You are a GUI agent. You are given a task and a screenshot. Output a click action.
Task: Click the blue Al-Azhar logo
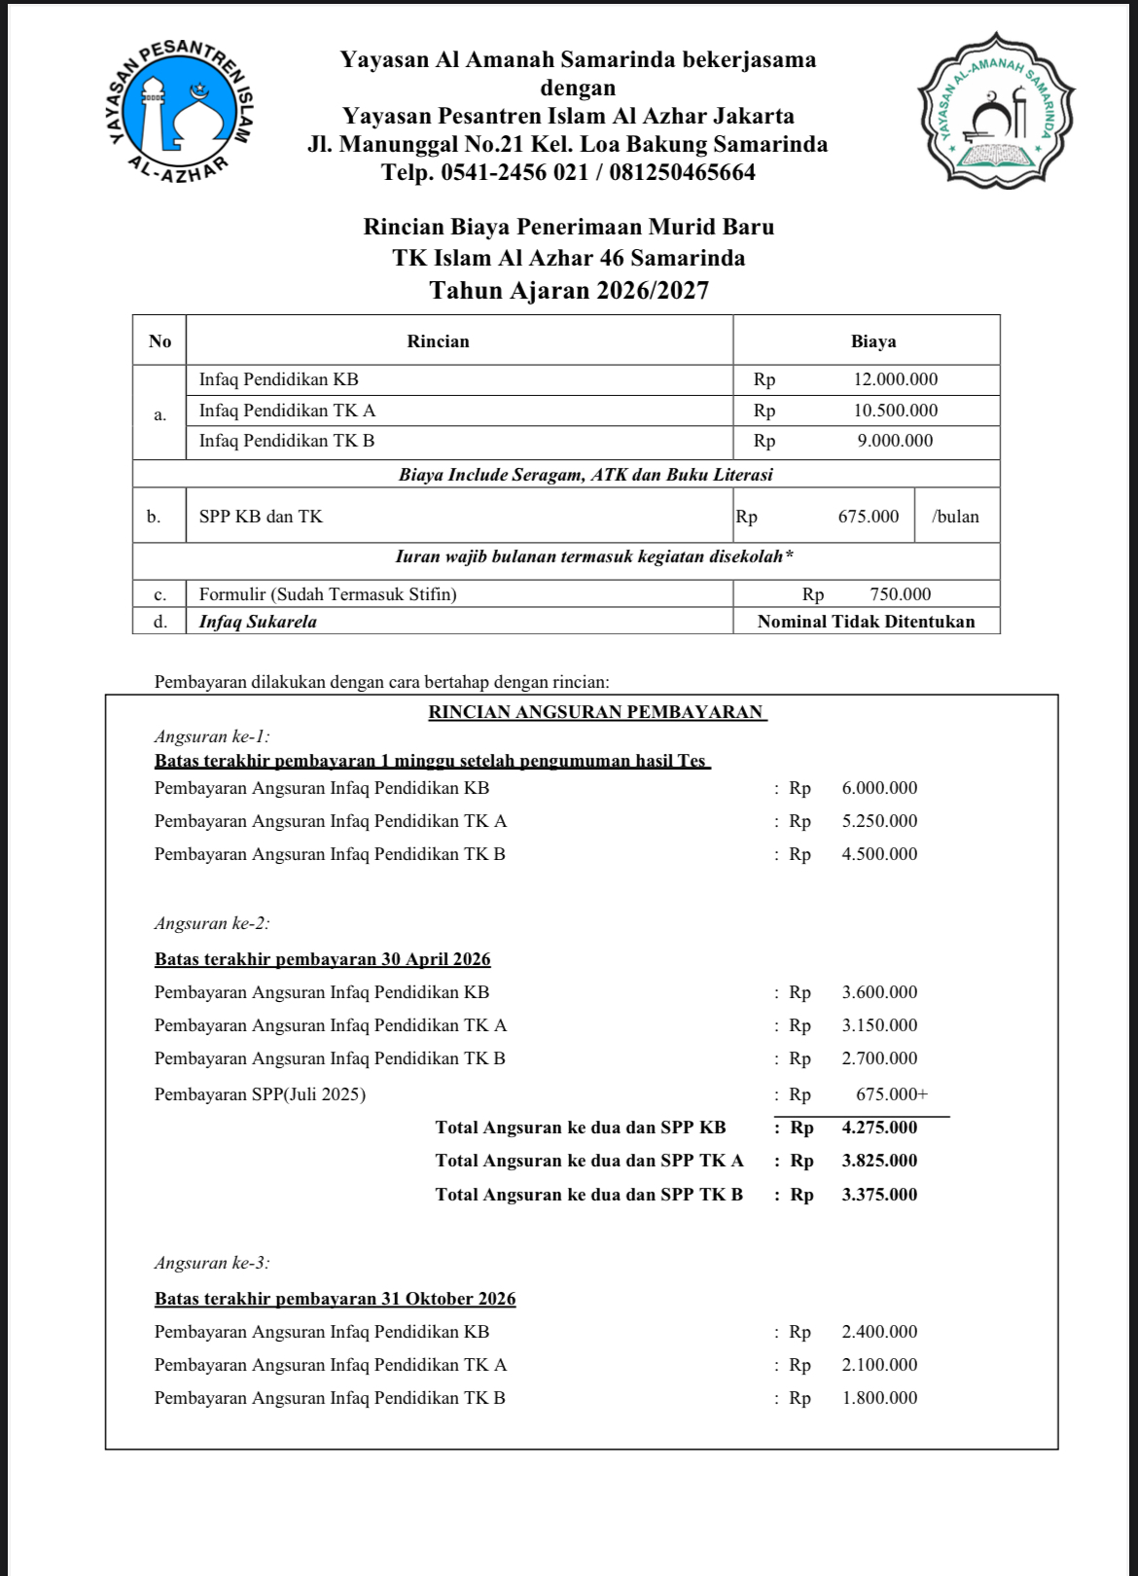point(181,111)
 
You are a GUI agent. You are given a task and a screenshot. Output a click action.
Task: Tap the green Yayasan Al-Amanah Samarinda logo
point(996,110)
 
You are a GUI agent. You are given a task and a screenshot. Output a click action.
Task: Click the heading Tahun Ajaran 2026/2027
point(569,290)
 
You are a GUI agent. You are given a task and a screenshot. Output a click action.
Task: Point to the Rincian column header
point(438,341)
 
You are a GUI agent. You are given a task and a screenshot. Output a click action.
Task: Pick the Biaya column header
point(872,341)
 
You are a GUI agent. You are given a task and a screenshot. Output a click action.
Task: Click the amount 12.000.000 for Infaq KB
point(895,379)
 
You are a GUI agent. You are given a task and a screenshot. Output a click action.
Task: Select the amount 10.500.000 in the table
point(895,411)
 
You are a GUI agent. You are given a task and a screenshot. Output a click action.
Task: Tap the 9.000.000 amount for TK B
point(895,441)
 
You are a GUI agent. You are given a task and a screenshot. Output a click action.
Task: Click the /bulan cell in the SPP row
point(955,517)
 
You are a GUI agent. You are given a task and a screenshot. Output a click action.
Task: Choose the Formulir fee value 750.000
point(900,594)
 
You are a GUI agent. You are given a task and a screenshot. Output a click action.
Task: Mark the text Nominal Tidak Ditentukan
point(866,622)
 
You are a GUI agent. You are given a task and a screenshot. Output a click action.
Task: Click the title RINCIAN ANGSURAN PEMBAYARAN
point(596,712)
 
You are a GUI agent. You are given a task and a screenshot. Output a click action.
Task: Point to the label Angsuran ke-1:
point(212,736)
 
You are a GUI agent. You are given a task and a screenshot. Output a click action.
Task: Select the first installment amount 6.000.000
point(879,788)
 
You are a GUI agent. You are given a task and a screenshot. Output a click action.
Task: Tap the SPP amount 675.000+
point(891,1094)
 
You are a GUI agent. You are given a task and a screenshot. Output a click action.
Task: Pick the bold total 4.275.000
point(879,1128)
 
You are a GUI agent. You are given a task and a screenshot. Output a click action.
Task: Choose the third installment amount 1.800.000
point(879,1398)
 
